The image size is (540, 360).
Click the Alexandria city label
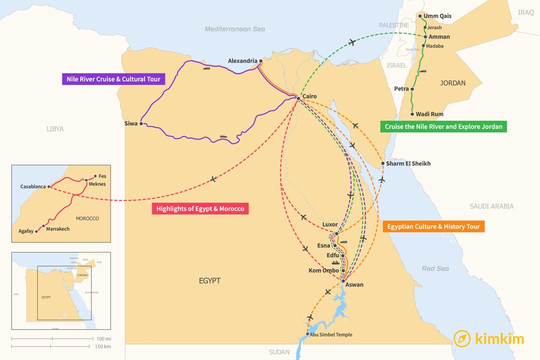point(243,61)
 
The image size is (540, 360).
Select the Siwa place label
point(131,124)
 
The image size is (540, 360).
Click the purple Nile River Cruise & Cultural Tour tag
point(113,80)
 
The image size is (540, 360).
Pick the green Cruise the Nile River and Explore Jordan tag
point(443,127)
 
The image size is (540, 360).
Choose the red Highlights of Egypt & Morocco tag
point(200,209)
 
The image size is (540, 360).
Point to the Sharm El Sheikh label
point(408,163)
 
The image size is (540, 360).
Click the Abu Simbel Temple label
point(331,335)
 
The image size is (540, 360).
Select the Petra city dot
point(413,89)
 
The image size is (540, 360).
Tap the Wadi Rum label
point(429,114)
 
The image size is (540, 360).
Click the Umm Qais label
point(438,16)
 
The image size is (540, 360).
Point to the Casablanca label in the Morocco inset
point(33,187)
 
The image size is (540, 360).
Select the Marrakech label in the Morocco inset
point(58,229)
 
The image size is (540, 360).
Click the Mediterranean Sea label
point(235,29)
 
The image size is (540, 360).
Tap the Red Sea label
point(435,269)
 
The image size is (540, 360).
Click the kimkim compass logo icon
point(462,338)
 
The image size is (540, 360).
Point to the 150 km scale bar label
point(103,346)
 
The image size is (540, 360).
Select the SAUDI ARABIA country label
point(491,206)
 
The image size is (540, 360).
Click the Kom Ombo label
point(324,270)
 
